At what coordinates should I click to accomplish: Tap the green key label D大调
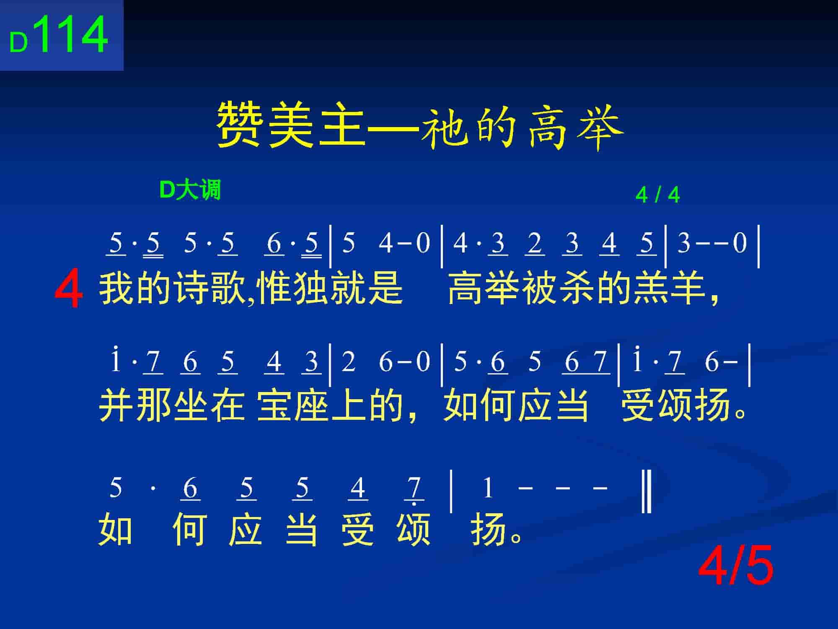click(x=190, y=190)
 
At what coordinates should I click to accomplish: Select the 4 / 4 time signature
click(x=657, y=195)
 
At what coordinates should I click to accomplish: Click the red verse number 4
click(x=69, y=289)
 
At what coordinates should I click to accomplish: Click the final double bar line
click(x=647, y=491)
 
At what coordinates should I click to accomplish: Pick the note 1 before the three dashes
click(x=487, y=489)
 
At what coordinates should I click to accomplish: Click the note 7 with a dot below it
click(x=414, y=489)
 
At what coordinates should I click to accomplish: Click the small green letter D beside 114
click(x=18, y=43)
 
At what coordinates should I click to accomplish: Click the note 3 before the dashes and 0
click(x=684, y=243)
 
